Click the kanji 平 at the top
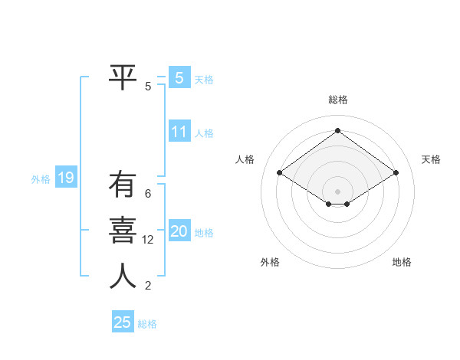pos(123,77)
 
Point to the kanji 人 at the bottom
pos(123,275)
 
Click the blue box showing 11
pos(179,132)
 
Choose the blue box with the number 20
pos(179,231)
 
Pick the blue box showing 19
pos(66,178)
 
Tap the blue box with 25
pos(123,322)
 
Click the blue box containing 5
pos(179,77)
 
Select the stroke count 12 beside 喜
pos(148,240)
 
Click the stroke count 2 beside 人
pos(148,286)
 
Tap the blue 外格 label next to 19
pos(41,179)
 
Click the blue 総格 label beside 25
pos(147,324)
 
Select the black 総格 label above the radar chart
pos(337,100)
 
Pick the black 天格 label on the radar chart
pos(431,159)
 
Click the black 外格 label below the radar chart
pos(270,262)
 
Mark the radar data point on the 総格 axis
pos(337,130)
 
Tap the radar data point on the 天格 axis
pos(396,173)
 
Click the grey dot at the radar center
pos(337,190)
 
